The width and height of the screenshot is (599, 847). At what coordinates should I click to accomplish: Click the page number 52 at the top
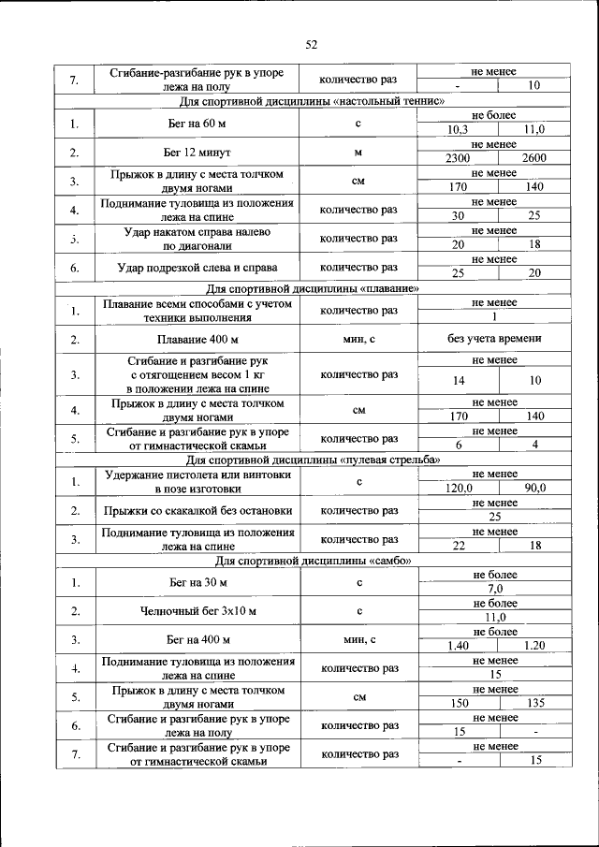click(313, 44)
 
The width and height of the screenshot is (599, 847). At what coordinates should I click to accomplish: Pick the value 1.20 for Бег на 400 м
click(534, 646)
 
